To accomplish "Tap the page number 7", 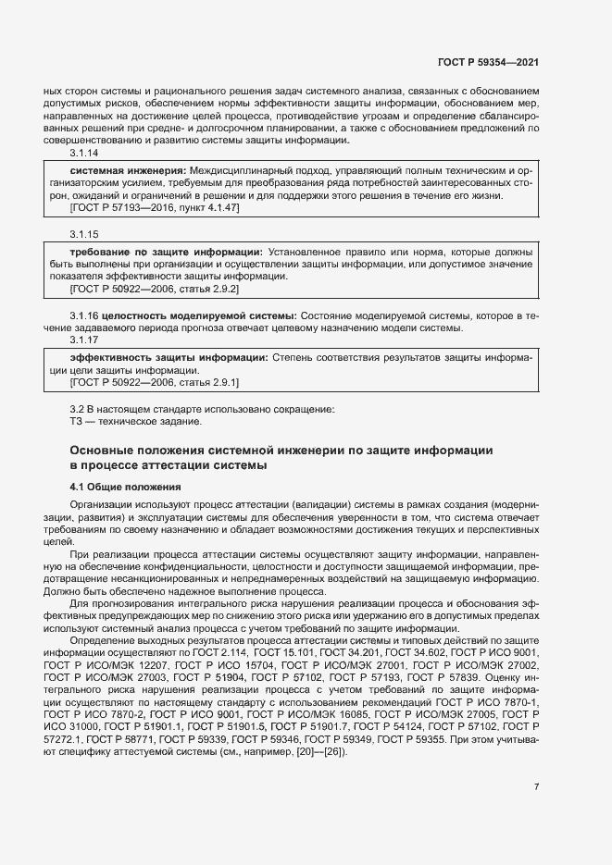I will tap(537, 786).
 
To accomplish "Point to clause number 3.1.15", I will tap(84, 236).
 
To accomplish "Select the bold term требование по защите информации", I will tap(167, 252).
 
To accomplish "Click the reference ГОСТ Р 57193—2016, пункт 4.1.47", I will tap(155, 209).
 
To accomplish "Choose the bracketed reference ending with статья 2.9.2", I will tap(155, 289).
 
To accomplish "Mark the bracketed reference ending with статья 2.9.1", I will tap(155, 381).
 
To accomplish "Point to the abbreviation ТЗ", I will tap(77, 422).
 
